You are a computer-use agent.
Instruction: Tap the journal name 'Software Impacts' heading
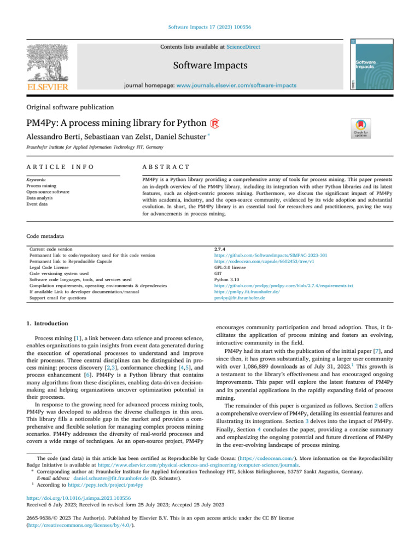[210, 66]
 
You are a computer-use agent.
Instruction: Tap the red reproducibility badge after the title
[215, 123]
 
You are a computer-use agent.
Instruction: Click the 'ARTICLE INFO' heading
[60, 166]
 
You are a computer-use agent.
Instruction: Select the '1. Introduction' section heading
[48, 324]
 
